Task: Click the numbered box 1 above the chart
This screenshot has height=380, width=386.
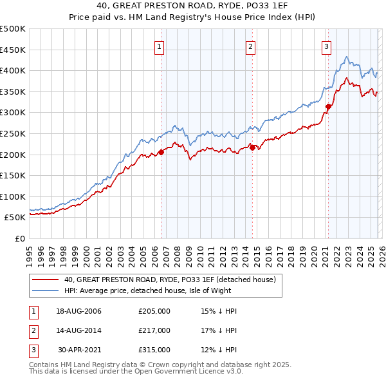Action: pos(158,46)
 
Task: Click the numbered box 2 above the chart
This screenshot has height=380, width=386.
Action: pos(250,46)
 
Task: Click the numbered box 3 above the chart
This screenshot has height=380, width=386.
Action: pos(326,46)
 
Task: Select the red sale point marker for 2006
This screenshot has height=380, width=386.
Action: pos(161,152)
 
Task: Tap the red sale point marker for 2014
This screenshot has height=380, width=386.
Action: pos(252,147)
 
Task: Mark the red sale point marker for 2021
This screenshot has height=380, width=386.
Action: pos(329,106)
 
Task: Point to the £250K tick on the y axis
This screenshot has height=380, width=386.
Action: pos(13,133)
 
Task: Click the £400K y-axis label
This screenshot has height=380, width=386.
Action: pos(13,70)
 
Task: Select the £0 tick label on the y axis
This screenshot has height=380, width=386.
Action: pos(21,238)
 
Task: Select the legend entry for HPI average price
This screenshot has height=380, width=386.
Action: pos(155,290)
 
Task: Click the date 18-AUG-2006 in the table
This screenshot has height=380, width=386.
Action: pos(78,312)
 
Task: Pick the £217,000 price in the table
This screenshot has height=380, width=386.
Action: pos(154,330)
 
